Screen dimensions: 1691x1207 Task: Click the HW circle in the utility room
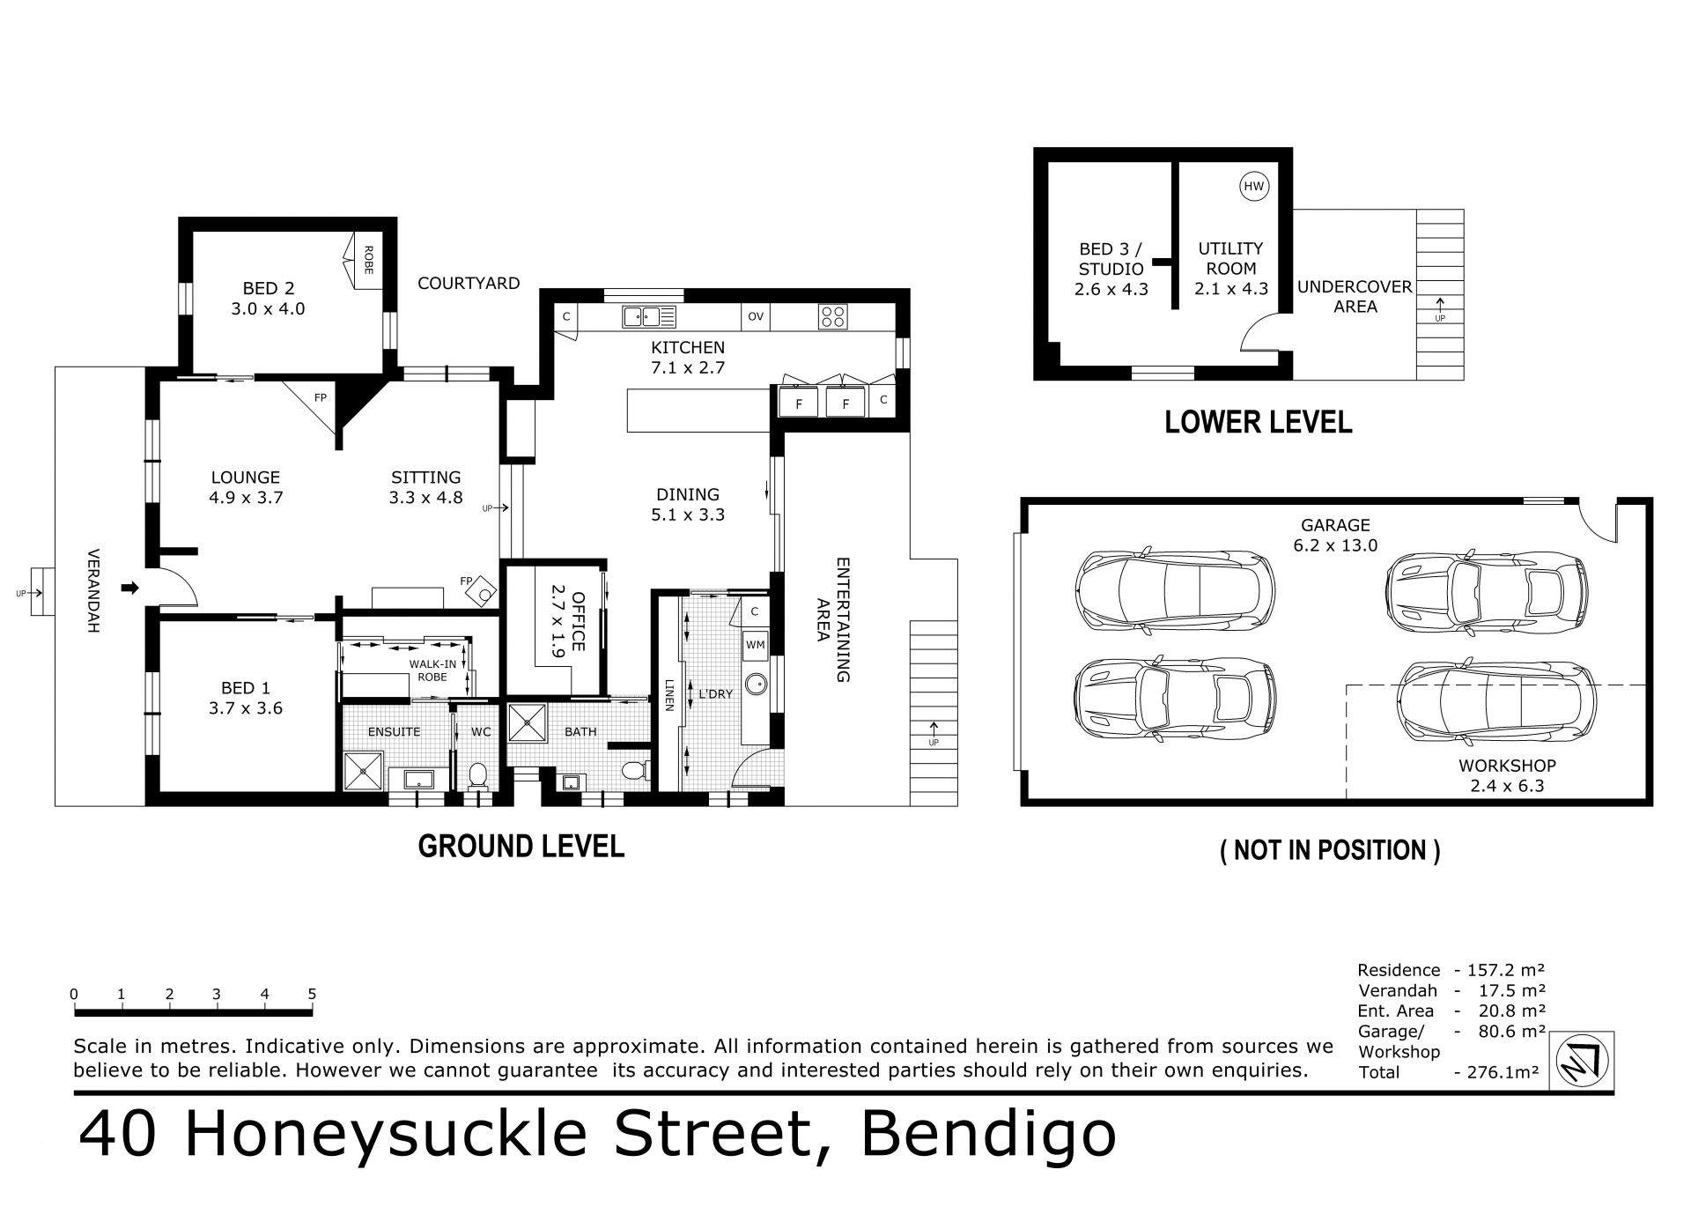1253,187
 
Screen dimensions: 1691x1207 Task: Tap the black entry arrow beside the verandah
130,588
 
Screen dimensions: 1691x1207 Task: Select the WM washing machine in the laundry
755,645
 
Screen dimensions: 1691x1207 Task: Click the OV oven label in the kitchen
755,316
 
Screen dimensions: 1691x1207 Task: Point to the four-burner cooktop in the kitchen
832,316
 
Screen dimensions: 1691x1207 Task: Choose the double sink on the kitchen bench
648,316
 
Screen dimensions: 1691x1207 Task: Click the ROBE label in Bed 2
368,260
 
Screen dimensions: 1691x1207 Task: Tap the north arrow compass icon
1582,1063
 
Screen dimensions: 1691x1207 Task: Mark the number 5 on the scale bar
312,995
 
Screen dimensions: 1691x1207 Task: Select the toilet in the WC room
478,776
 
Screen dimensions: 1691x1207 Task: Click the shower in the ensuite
363,771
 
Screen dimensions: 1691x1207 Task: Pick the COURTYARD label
469,284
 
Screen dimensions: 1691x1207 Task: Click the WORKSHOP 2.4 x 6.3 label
1507,776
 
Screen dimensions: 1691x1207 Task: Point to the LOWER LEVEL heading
1258,422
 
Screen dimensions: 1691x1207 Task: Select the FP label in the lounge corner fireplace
321,398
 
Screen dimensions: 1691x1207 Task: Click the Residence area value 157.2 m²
1506,971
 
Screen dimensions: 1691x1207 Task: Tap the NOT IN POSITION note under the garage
1330,850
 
